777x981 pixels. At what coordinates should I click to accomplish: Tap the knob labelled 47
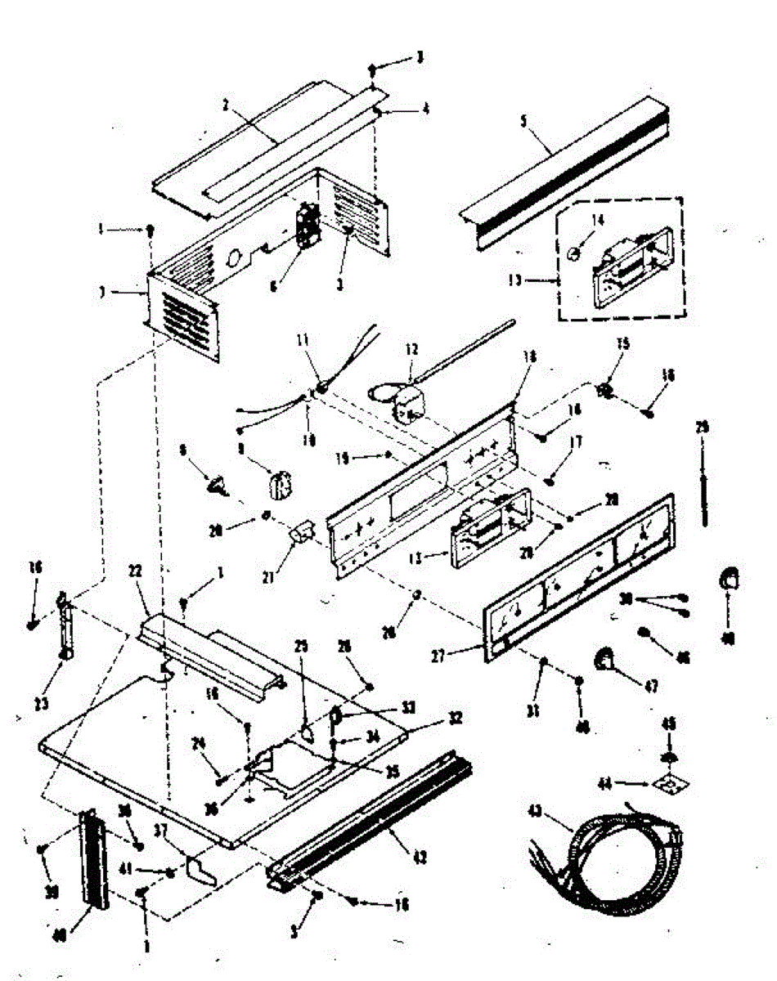pos(605,659)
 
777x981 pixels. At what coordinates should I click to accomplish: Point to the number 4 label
pos(425,108)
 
